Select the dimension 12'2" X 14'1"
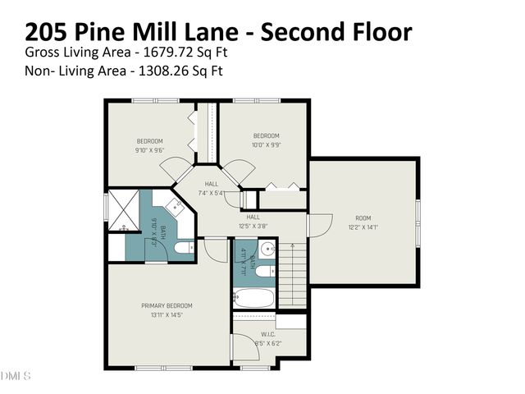363,227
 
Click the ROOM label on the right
363,218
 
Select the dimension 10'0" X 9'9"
266,144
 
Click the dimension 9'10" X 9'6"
149,150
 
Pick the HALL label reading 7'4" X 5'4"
211,184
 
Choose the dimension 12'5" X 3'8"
254,226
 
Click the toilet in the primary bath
183,245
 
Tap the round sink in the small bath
266,250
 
